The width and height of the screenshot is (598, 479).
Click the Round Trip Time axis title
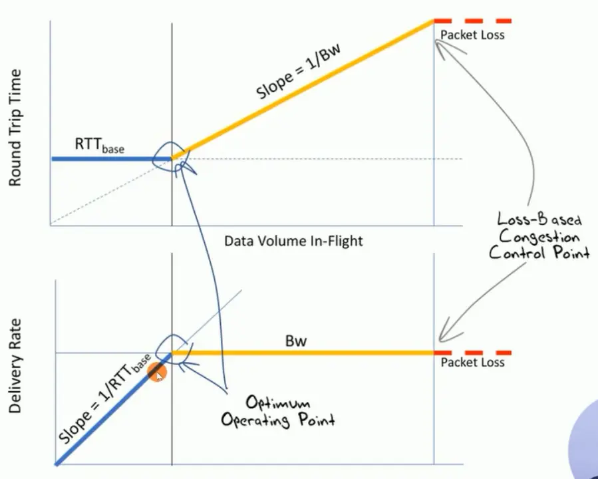(15, 127)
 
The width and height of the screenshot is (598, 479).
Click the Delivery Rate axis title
(15, 366)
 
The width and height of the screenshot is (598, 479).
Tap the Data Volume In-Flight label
(293, 241)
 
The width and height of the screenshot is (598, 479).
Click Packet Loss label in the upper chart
(472, 35)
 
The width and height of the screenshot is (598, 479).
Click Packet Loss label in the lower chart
(472, 363)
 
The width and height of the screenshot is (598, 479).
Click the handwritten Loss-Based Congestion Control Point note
(539, 236)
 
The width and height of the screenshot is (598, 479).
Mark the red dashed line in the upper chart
(473, 21)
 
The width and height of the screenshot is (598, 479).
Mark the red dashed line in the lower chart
(473, 352)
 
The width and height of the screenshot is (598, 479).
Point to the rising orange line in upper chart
(303, 90)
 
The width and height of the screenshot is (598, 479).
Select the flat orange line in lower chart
(303, 353)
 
